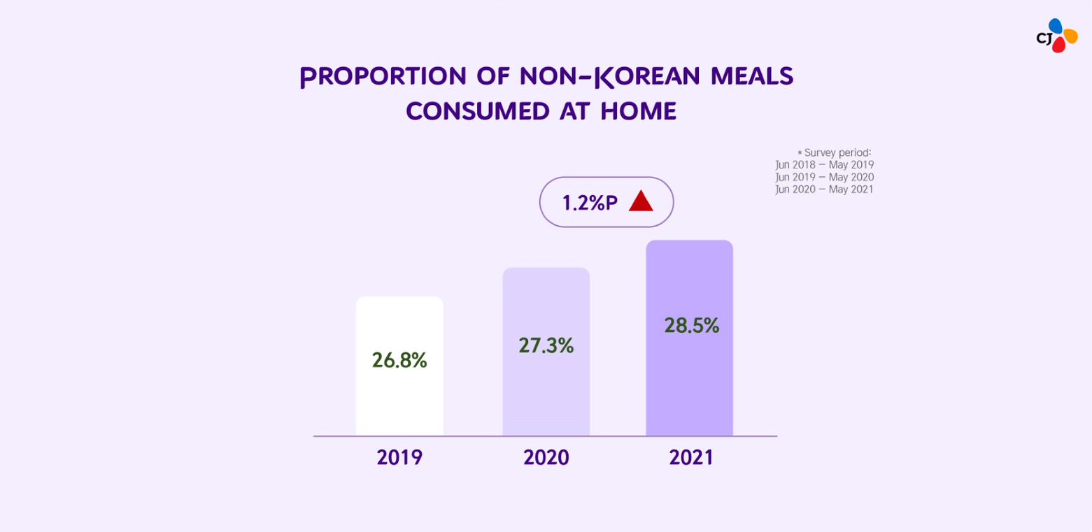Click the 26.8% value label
(399, 360)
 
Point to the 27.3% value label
(546, 345)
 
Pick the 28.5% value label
(691, 325)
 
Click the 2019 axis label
(399, 457)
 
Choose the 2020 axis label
(546, 457)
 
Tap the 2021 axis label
(691, 457)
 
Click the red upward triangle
(641, 202)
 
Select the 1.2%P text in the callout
(590, 203)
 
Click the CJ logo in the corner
(1057, 36)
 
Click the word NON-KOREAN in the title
(609, 76)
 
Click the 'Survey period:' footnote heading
(837, 152)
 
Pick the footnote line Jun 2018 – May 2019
(825, 164)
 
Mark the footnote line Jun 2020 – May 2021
(825, 189)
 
